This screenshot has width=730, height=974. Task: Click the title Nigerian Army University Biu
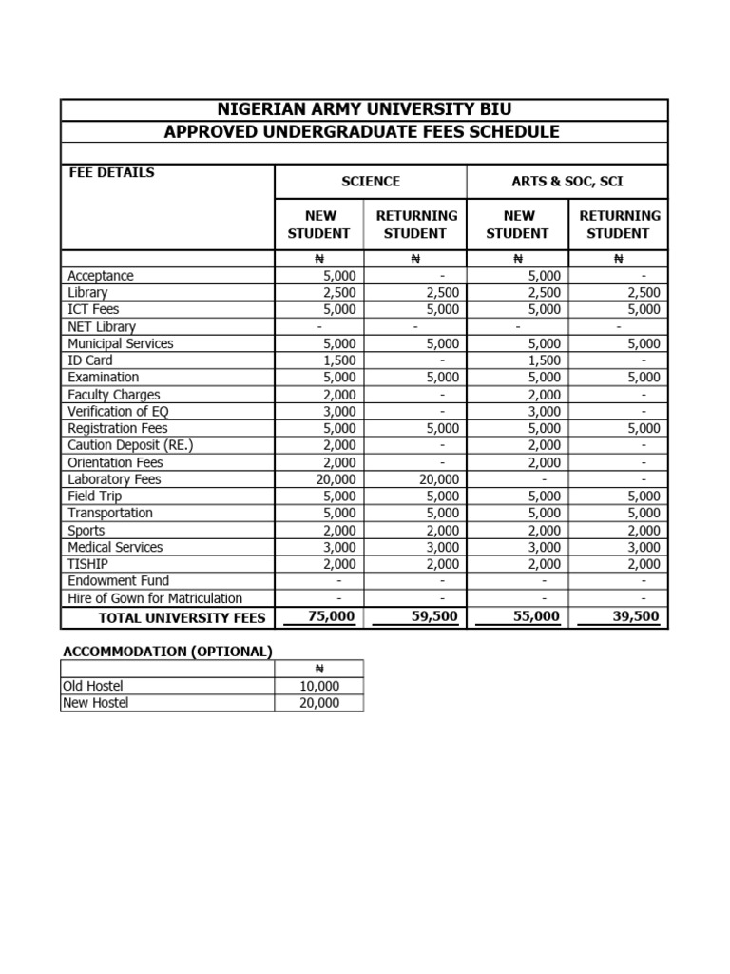tap(364, 109)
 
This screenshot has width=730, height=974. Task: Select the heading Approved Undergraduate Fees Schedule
tap(364, 132)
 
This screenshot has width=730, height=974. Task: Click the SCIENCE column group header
tap(371, 181)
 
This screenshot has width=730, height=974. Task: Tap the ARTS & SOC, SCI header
tap(567, 181)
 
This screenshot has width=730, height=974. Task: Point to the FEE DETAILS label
tap(111, 173)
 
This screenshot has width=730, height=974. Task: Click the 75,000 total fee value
tap(332, 617)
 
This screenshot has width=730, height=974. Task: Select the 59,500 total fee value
tap(433, 617)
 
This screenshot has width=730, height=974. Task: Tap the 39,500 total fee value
tap(636, 617)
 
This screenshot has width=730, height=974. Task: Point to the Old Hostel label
tap(93, 686)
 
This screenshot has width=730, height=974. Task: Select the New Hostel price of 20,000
tap(318, 703)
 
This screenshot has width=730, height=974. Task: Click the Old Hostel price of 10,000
tap(318, 686)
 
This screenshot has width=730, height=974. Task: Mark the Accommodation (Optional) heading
tap(167, 652)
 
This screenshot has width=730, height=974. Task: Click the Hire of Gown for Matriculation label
tap(155, 598)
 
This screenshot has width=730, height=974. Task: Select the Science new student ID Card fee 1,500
tap(339, 360)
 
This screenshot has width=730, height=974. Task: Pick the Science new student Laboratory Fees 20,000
tap(336, 479)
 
